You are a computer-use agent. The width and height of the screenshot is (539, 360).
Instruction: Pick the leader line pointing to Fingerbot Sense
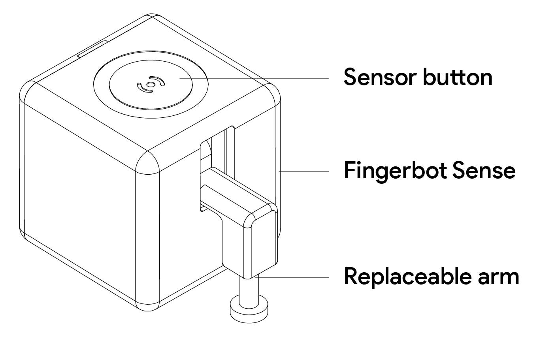[x=304, y=172]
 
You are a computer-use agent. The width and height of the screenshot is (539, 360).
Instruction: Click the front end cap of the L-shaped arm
[x=263, y=241]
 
